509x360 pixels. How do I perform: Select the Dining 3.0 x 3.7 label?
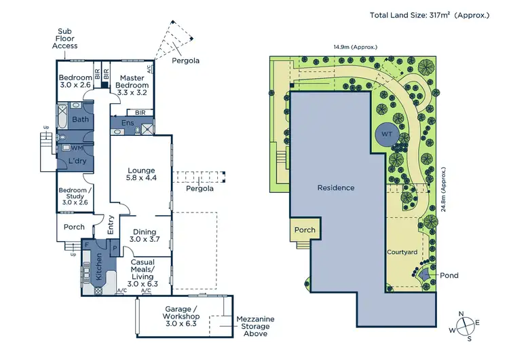145,236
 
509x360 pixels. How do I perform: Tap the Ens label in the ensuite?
127,124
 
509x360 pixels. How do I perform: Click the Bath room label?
81,119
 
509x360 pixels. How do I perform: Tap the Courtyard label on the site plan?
402,252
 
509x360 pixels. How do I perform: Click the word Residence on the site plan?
336,187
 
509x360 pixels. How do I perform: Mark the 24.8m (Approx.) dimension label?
444,192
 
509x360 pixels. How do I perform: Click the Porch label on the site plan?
305,230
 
